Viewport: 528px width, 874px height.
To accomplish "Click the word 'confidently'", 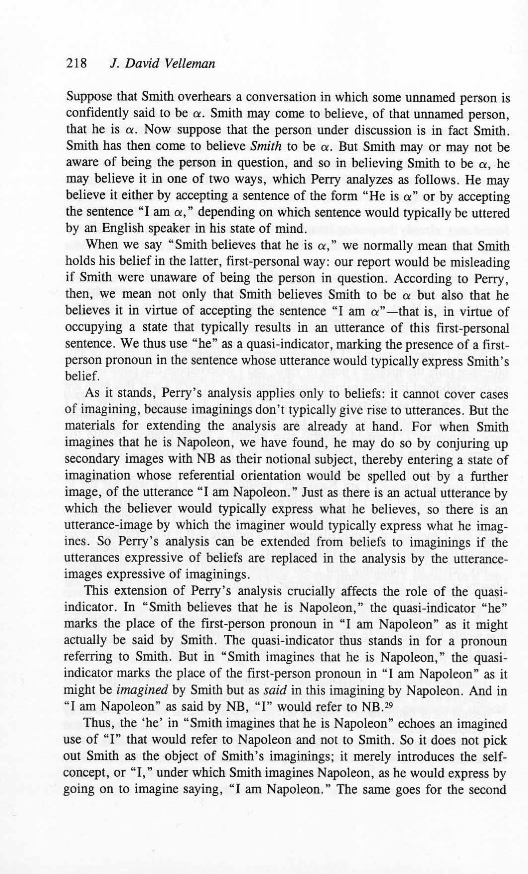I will tap(93, 114).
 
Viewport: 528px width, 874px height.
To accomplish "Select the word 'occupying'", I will tap(90, 328).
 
